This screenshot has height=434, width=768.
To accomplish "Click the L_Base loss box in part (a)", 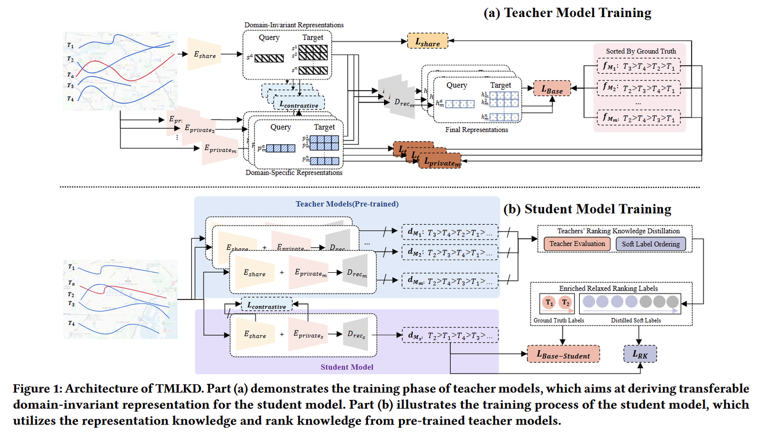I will [552, 87].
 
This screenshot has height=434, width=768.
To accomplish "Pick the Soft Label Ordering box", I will [651, 244].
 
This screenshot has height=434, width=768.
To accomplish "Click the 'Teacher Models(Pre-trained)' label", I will [347, 203].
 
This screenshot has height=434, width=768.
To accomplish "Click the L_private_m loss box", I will [440, 160].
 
